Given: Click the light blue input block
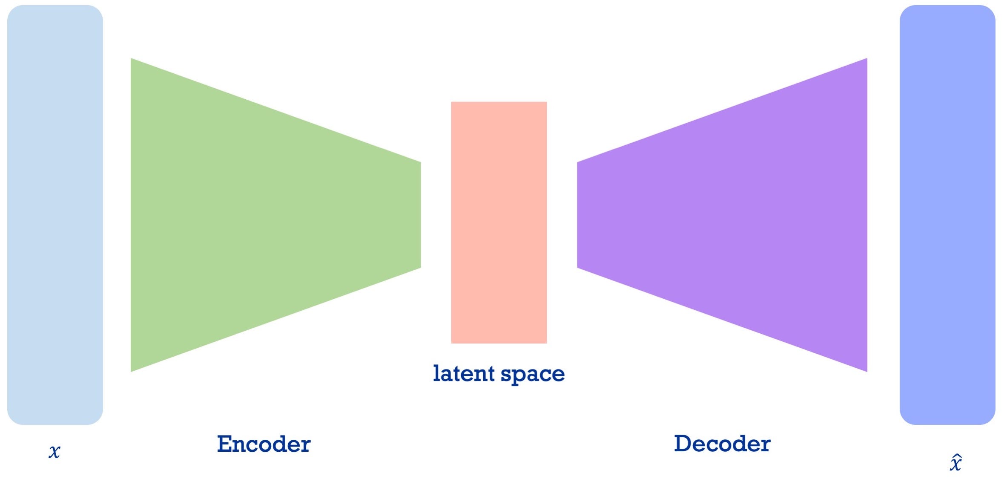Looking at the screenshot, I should point(55,214).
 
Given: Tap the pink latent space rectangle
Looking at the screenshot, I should point(499,222).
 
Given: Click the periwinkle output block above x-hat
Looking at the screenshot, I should point(947,214).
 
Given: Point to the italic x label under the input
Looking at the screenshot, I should point(55,451).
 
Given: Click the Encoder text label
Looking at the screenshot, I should point(264,444).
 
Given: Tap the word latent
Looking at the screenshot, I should point(464,373).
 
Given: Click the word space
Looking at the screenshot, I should point(533,374).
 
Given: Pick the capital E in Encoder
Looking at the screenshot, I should point(225,444).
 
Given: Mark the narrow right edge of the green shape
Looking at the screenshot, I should point(420,215).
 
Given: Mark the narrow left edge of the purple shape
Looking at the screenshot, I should point(578,215).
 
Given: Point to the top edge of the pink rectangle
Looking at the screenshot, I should point(499,103).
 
